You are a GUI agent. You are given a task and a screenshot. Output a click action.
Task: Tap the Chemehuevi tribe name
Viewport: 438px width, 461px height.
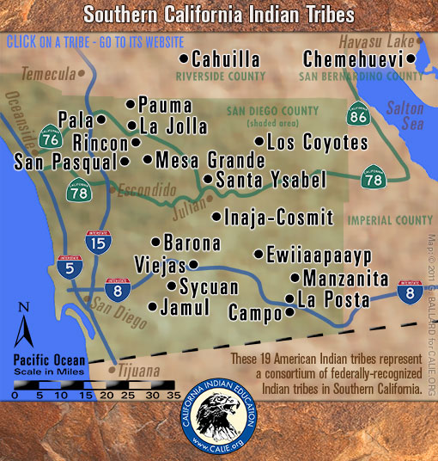[354, 59]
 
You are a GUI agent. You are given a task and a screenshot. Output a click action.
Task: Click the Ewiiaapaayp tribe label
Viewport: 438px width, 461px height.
[318, 255]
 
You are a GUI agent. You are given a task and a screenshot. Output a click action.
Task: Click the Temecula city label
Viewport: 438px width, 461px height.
[49, 74]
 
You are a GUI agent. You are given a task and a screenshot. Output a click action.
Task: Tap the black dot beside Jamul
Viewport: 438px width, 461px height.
[153, 306]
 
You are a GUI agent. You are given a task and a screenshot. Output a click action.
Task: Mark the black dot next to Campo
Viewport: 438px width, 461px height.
[289, 313]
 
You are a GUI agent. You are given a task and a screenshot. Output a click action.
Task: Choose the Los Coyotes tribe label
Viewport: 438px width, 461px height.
[317, 140]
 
